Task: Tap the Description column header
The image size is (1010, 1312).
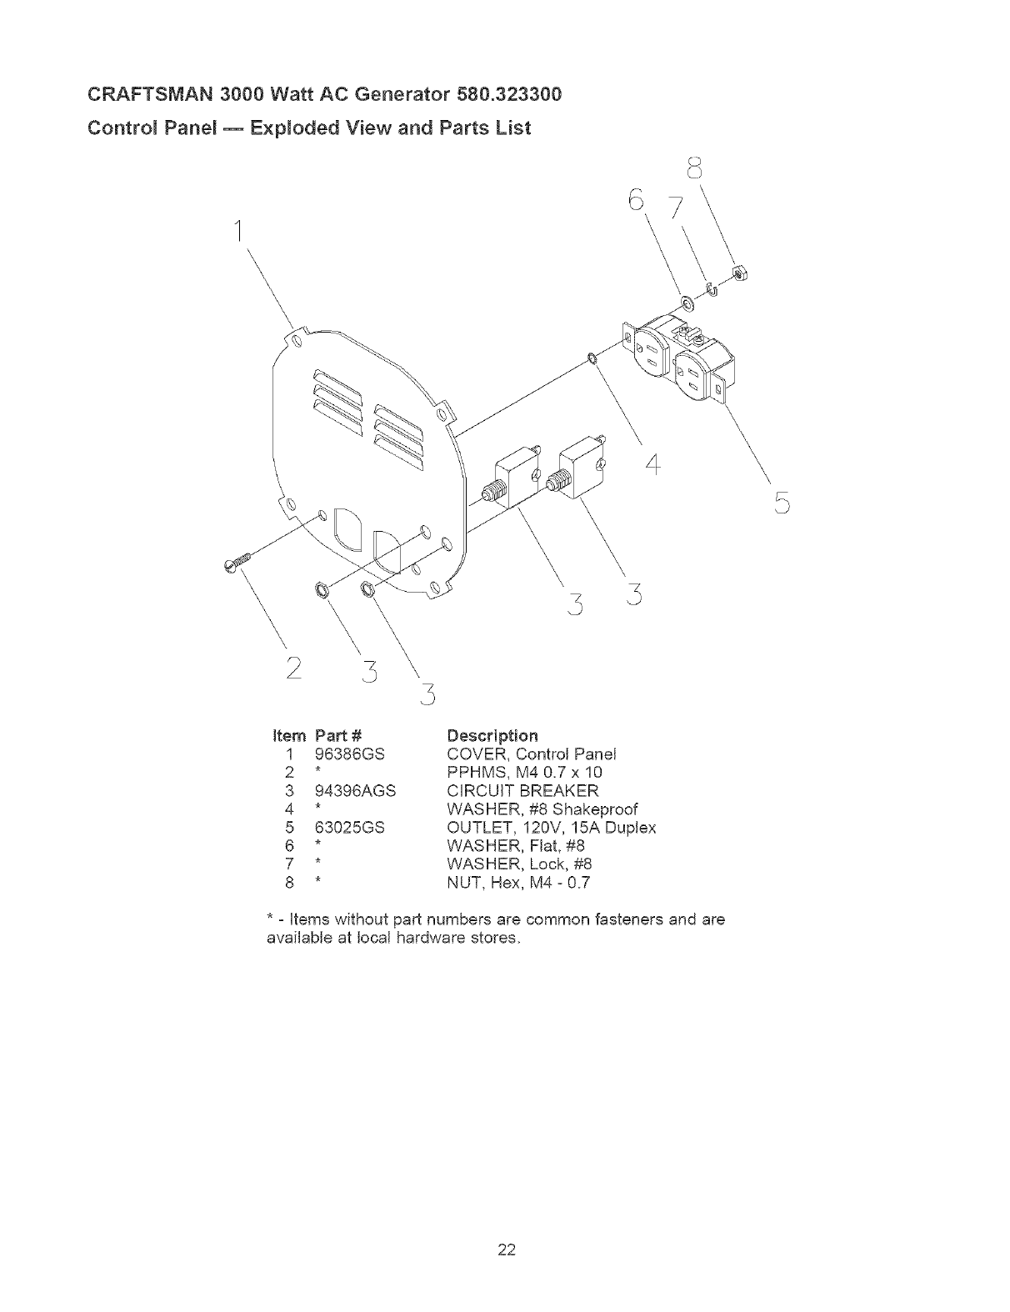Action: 492,735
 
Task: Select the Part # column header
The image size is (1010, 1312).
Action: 338,735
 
